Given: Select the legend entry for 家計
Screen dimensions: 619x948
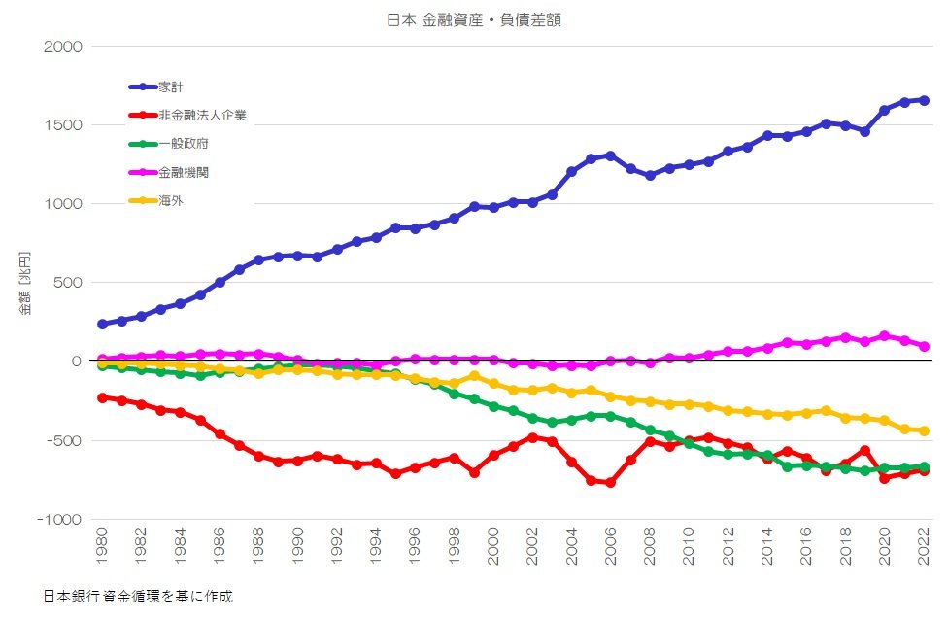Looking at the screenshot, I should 172,87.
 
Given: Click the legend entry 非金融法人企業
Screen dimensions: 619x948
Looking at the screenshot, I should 202,116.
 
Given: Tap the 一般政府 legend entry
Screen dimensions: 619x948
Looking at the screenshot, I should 184,144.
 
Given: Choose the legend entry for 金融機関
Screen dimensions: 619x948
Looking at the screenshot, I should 184,173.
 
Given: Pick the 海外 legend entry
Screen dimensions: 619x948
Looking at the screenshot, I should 171,201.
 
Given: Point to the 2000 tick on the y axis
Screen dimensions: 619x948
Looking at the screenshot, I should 63,47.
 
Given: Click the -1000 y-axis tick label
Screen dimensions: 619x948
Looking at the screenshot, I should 60,520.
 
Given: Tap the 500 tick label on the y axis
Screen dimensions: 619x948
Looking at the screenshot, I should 68,283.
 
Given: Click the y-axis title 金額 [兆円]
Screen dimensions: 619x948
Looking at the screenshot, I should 25,283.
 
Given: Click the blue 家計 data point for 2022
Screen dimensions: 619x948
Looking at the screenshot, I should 924,100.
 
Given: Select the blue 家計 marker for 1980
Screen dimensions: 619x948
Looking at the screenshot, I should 102,324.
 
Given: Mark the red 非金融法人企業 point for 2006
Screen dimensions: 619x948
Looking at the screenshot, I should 610,483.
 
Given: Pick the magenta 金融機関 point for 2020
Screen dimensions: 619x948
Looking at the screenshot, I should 884,336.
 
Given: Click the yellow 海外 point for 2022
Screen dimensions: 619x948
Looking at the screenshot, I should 924,430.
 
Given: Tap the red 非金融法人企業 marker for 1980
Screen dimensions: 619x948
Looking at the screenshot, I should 102,397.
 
